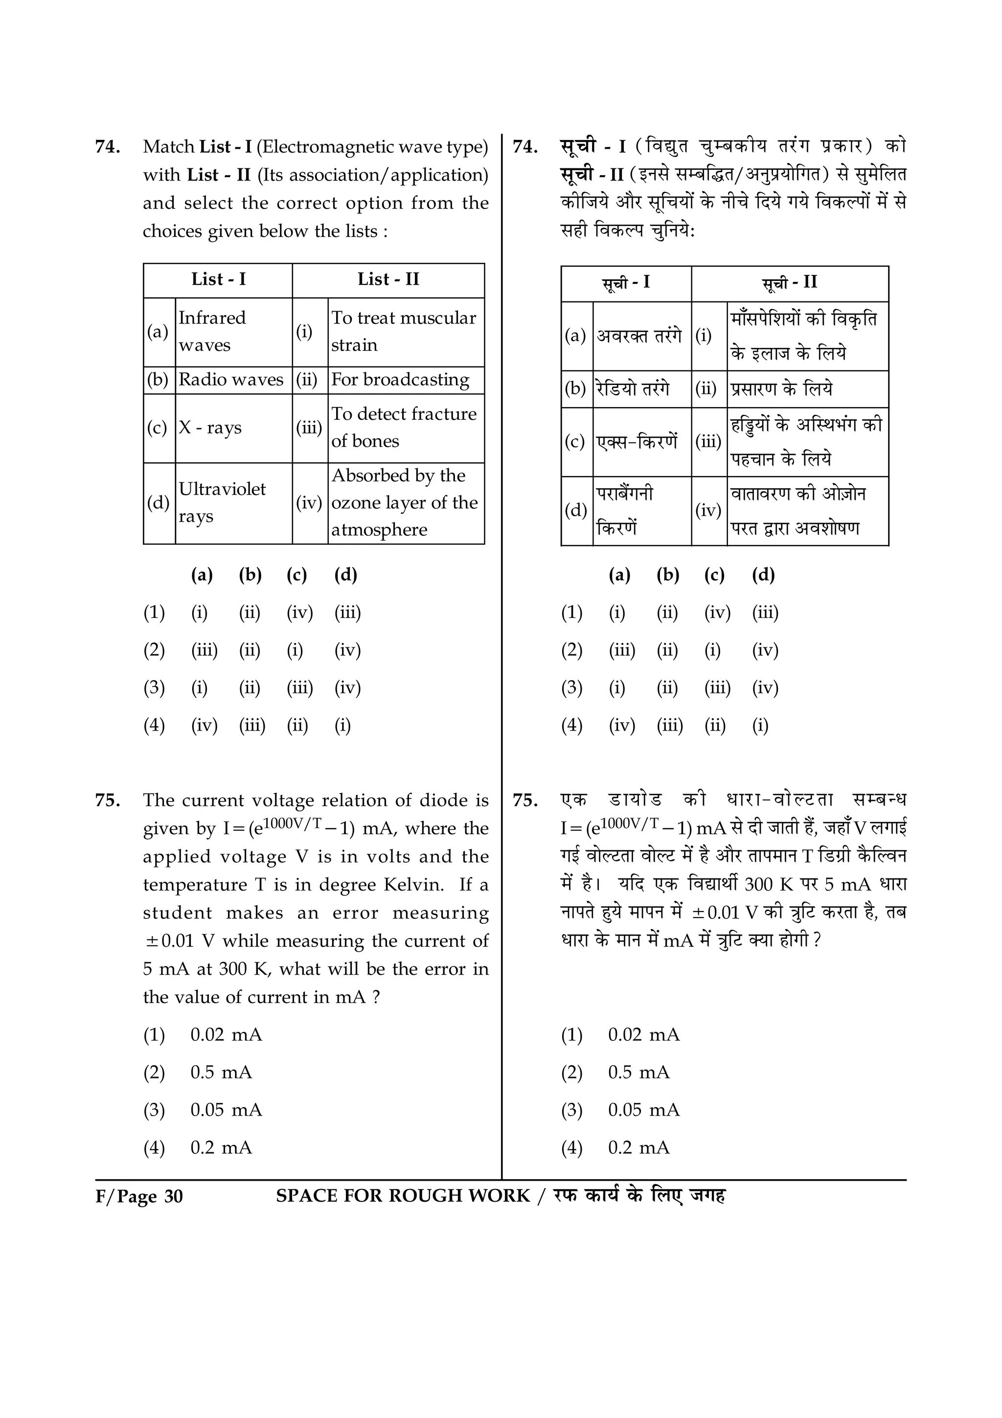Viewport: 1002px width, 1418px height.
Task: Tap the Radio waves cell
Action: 231,379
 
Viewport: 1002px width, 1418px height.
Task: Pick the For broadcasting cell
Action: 400,379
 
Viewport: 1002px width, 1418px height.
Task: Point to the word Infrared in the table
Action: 212,318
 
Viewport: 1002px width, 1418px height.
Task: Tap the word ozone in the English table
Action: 356,503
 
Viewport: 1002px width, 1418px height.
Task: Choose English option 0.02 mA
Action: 226,1034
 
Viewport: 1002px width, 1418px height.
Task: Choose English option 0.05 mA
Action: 226,1110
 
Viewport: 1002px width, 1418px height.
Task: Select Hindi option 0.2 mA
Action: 638,1147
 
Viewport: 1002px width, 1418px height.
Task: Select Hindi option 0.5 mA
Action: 638,1072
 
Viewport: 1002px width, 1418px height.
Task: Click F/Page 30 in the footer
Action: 139,1197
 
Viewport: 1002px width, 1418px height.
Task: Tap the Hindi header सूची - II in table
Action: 789,283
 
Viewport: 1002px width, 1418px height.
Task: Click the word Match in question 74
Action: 168,147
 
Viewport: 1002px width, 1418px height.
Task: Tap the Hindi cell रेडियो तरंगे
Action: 632,389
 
